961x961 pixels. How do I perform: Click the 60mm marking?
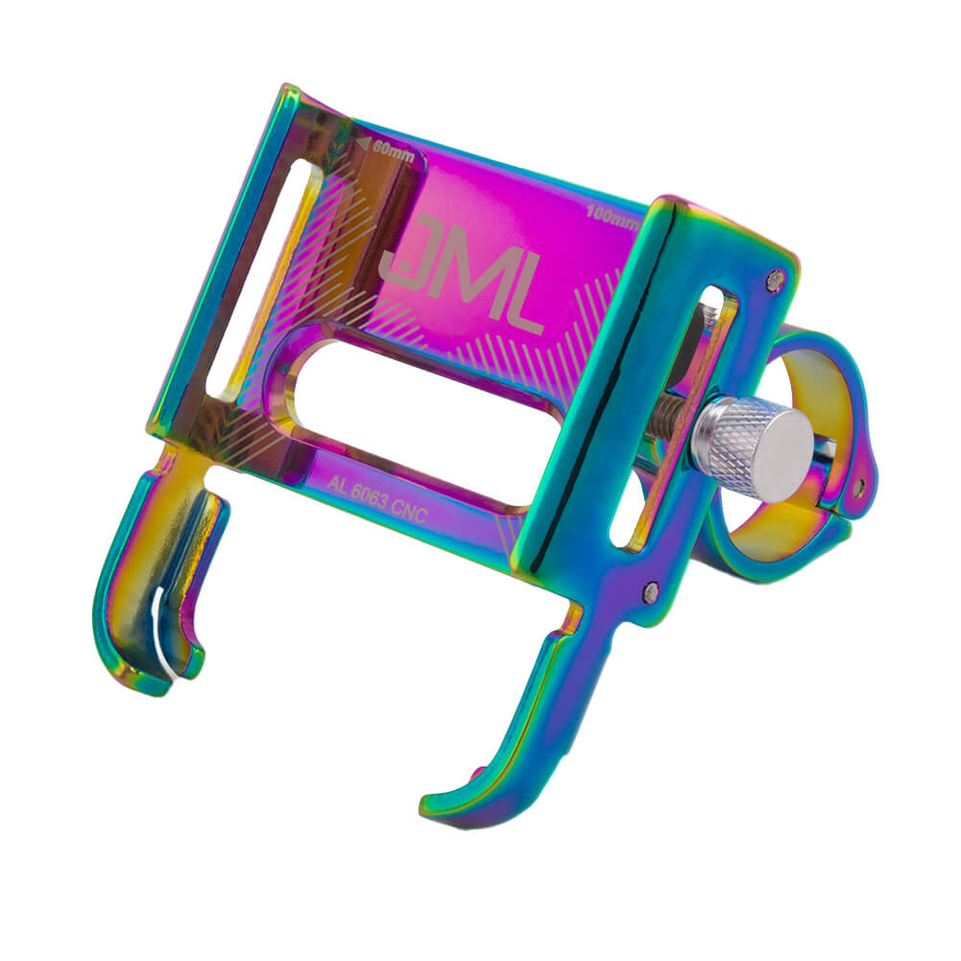coord(393,152)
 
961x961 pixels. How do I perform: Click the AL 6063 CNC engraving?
coord(375,499)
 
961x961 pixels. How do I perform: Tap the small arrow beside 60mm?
coord(363,144)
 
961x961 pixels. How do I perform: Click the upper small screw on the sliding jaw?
coord(777,279)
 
